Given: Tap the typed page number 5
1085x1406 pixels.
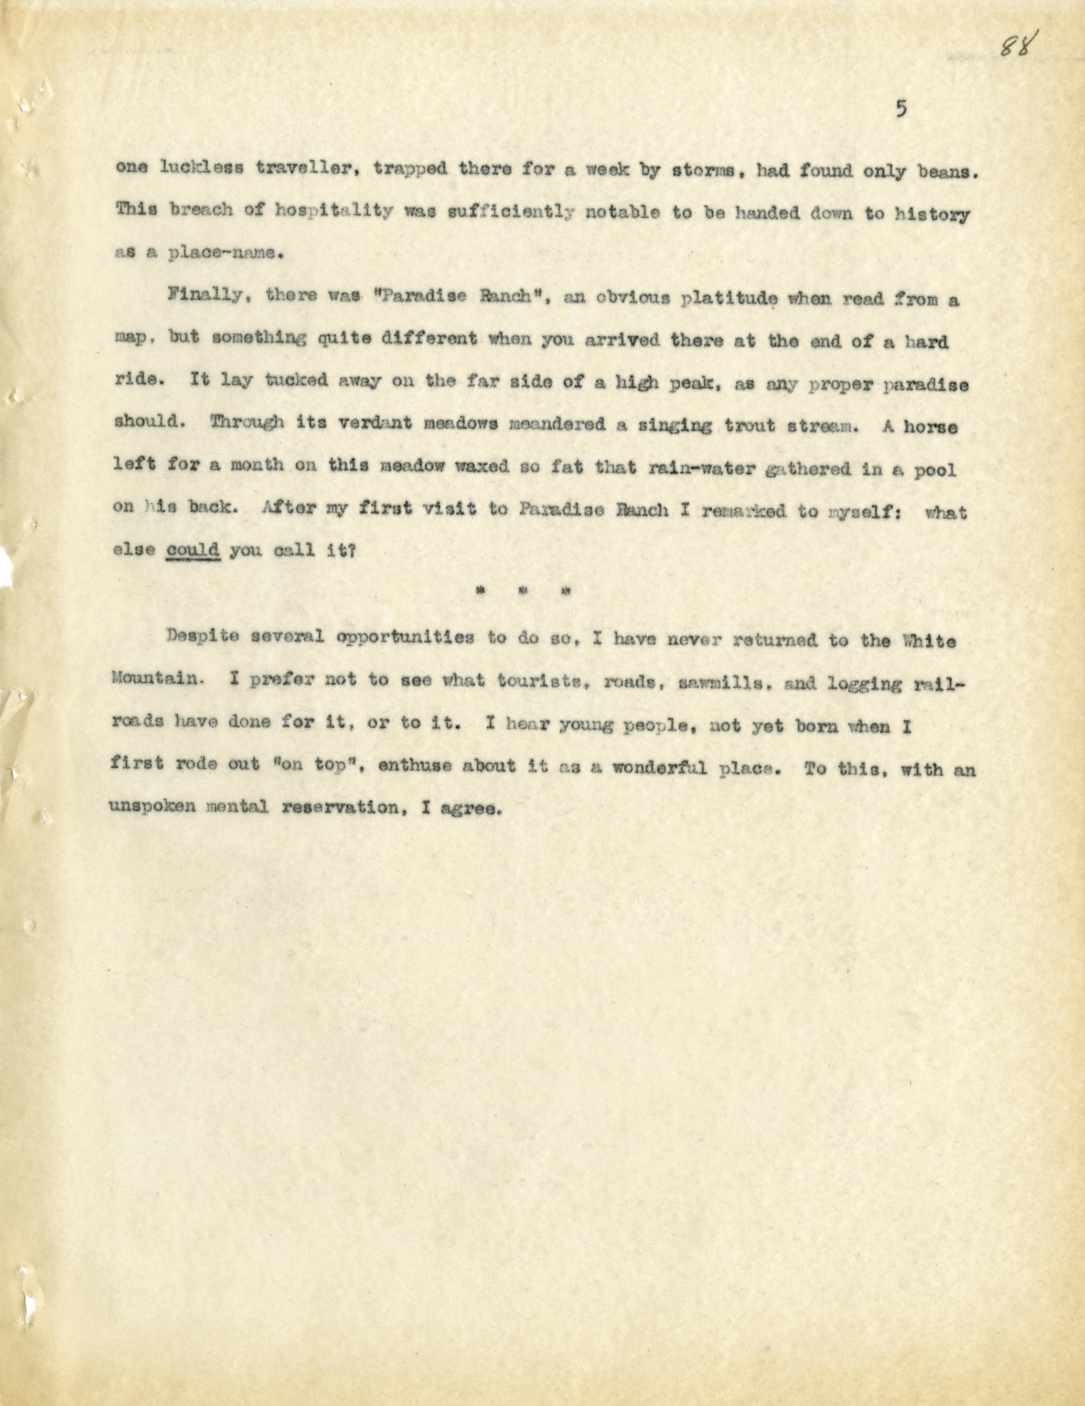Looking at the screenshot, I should click(x=900, y=110).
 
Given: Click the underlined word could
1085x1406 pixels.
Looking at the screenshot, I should click(x=194, y=551).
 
